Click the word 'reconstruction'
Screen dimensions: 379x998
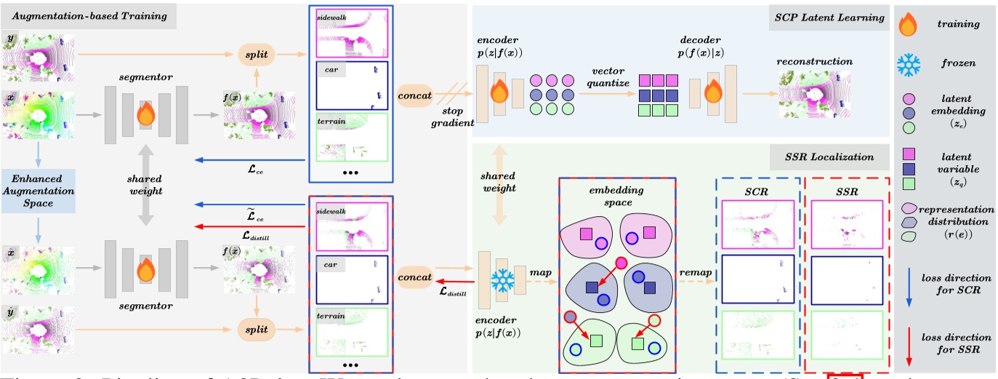pyautogui.click(x=815, y=61)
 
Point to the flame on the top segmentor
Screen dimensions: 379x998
pyautogui.click(x=145, y=113)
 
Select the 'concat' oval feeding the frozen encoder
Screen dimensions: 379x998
pyautogui.click(x=416, y=277)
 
